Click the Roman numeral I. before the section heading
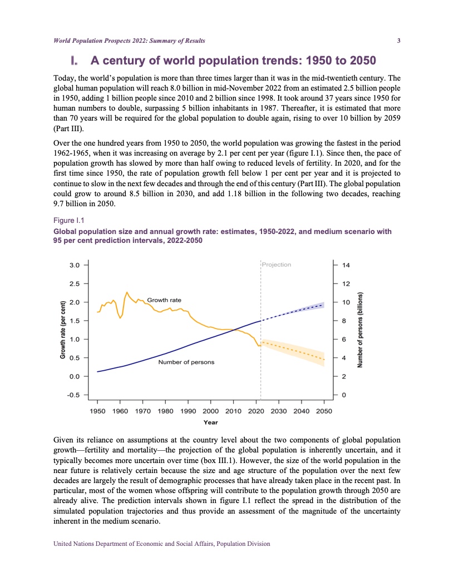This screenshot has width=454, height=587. (x=75, y=60)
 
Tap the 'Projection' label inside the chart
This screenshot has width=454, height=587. (x=277, y=265)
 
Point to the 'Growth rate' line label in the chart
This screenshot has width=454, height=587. (x=164, y=300)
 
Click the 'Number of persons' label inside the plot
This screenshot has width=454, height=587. (x=186, y=362)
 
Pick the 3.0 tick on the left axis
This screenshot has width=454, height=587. (x=74, y=265)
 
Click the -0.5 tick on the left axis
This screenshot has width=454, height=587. (x=73, y=395)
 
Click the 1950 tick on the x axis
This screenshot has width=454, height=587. (x=97, y=411)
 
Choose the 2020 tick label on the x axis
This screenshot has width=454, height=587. (x=256, y=411)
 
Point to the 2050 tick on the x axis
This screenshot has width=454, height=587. (x=324, y=411)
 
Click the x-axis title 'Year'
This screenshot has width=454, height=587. (x=210, y=422)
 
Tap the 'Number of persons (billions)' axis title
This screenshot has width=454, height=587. (x=361, y=330)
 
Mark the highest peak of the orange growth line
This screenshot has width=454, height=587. (x=127, y=292)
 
